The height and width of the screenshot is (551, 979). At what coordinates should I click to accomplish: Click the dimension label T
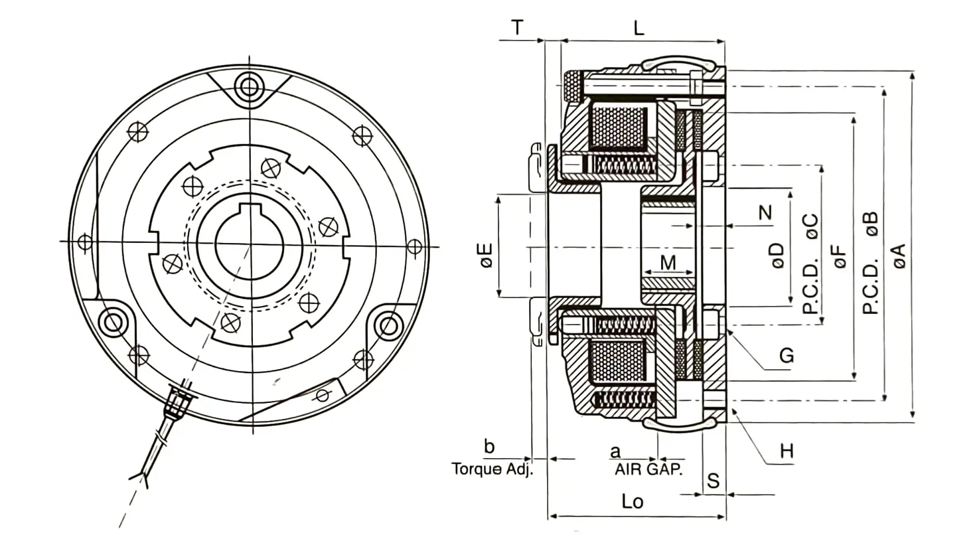(518, 28)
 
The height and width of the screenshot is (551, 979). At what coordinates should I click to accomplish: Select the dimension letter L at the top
(639, 28)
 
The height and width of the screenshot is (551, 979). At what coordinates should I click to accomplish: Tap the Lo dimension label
(633, 502)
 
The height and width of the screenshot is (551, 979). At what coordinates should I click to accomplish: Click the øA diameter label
(899, 256)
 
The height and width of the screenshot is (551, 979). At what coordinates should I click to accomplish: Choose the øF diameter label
(840, 256)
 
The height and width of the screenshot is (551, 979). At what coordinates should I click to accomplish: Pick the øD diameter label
(778, 256)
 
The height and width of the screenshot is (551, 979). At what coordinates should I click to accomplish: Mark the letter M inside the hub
(668, 263)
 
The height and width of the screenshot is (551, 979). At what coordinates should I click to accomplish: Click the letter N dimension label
(765, 213)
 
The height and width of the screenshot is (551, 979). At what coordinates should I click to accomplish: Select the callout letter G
(787, 356)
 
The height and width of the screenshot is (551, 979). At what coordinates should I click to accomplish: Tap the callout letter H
(787, 451)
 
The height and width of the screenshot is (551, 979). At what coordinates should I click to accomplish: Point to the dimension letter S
(714, 481)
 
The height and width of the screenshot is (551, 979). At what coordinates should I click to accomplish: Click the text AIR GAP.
(648, 469)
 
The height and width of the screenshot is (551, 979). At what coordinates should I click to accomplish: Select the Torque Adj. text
(492, 469)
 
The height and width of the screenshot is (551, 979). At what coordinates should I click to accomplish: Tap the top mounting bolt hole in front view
(249, 87)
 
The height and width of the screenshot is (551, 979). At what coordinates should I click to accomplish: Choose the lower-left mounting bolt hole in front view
(113, 324)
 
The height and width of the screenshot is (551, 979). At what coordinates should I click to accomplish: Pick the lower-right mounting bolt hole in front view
(388, 326)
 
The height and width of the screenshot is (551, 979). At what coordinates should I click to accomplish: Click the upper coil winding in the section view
(619, 127)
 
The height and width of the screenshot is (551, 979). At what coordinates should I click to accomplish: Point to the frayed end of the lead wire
(141, 479)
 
